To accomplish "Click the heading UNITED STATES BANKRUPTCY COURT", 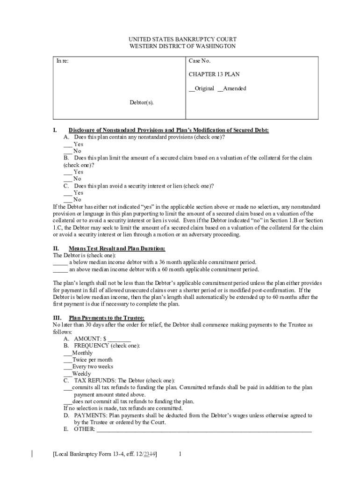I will coord(182,39).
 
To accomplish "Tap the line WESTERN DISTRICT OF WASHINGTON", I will coord(182,46).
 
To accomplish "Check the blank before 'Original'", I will coord(192,88).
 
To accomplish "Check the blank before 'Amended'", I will coord(220,88).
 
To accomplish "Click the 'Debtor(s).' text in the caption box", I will coord(141,102).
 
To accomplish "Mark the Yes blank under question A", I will coord(68,145).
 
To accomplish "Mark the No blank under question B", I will coord(68,179).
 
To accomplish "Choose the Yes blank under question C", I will coord(68,193).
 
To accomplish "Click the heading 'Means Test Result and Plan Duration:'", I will coord(117,248).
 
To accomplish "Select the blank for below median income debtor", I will coord(60,262).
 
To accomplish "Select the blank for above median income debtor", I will coord(60,269).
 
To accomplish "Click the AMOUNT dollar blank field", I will coord(120,339).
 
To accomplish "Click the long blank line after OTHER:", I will coord(204,429).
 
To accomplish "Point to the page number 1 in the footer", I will coord(180,454).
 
